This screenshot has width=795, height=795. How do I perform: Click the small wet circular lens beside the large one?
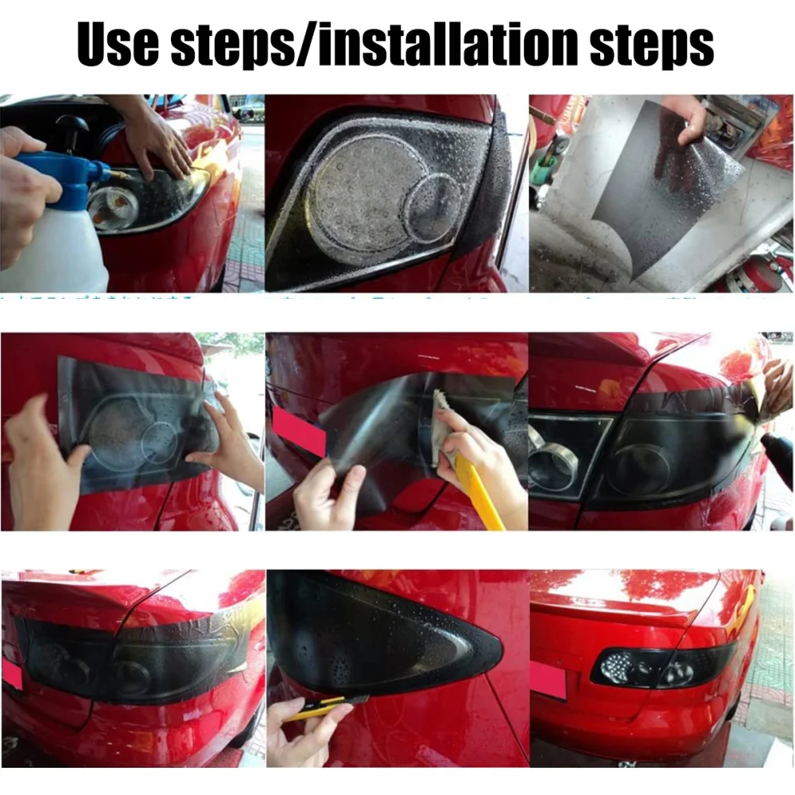433,210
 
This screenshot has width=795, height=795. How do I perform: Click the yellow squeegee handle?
481,493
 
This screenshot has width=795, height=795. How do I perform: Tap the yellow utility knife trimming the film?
318,707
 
